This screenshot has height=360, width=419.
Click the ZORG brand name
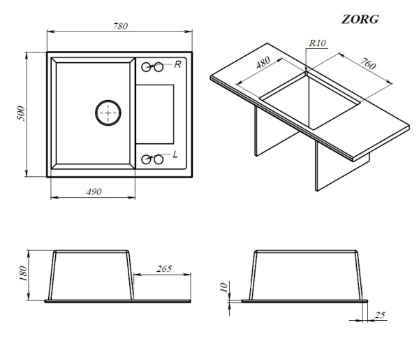[x=360, y=20]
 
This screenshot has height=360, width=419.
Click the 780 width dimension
[x=120, y=26]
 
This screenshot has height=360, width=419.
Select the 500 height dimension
[x=21, y=114]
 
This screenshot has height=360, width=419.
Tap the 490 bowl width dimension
[x=94, y=192]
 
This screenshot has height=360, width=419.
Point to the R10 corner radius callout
[x=318, y=43]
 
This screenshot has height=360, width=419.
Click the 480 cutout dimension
[x=263, y=63]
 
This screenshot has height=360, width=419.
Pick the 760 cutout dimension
[x=368, y=64]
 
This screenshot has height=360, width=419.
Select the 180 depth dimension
[x=23, y=273]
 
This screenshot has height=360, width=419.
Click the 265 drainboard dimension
[x=164, y=268]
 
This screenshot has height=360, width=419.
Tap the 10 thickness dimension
[x=223, y=287]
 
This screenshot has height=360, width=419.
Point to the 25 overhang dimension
[x=380, y=315]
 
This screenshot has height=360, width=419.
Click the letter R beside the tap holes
[x=177, y=64]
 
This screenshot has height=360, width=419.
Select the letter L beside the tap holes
[x=175, y=154]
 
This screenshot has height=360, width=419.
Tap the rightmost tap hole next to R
[x=159, y=67]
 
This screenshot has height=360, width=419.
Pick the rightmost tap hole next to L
[x=159, y=159]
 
